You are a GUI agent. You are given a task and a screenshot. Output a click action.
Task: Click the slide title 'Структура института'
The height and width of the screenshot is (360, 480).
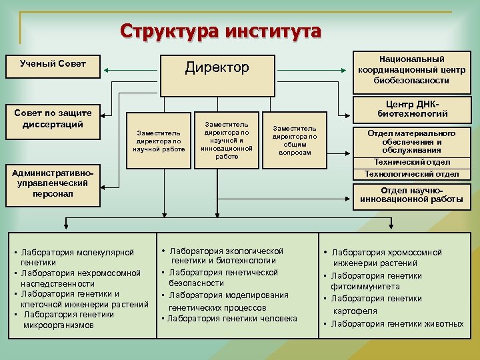[x=221, y=31]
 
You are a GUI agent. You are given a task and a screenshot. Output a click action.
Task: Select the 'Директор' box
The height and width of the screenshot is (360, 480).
[x=217, y=67]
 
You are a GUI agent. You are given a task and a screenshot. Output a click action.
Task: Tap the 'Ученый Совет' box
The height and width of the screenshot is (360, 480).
[x=53, y=65]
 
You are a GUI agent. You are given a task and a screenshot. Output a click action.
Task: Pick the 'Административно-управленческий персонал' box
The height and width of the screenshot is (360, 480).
[x=53, y=184]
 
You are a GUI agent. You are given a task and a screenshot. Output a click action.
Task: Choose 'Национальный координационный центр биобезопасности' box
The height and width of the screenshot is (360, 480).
[x=412, y=69]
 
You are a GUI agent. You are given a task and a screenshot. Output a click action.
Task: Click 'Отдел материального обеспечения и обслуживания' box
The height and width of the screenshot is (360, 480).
[x=412, y=141]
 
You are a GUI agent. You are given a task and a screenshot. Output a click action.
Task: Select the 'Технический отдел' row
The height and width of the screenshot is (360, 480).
[x=412, y=162]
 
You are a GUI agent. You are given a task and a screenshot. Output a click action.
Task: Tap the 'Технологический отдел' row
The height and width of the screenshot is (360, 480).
[x=412, y=174]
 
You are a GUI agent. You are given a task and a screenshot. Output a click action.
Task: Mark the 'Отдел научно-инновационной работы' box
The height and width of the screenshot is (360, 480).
[x=412, y=195]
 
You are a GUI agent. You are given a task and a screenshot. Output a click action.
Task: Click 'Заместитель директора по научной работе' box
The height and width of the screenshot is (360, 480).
[x=159, y=141]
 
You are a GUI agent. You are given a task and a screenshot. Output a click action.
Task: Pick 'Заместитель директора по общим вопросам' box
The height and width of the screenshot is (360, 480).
[x=294, y=140]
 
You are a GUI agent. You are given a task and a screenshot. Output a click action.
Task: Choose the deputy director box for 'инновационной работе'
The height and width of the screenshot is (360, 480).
[x=227, y=140]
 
